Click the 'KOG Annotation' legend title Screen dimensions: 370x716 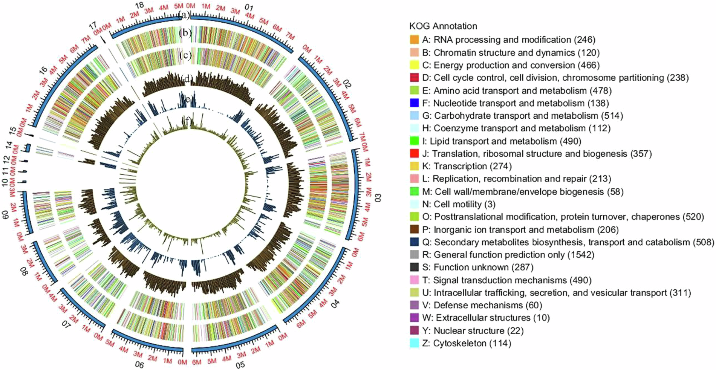pyautogui.click(x=443, y=26)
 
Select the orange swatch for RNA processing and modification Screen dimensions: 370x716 pyautogui.click(x=414, y=40)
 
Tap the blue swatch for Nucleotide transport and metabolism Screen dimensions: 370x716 pyautogui.click(x=414, y=103)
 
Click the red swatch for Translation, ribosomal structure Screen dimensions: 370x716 pyautogui.click(x=414, y=153)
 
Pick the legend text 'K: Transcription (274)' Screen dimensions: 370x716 pyautogui.click(x=467, y=166)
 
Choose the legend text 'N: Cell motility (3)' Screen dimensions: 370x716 pyautogui.click(x=459, y=204)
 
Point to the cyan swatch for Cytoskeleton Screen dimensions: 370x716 pyautogui.click(x=414, y=343)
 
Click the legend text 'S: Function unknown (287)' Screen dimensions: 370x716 pyautogui.click(x=477, y=267)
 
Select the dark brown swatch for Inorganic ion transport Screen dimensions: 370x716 pyautogui.click(x=414, y=229)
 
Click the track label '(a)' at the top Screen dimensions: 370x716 pyautogui.click(x=184, y=15)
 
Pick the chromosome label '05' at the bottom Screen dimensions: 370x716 pyautogui.click(x=240, y=365)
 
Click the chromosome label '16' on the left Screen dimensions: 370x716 pyautogui.click(x=43, y=70)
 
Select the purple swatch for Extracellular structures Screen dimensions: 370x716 pyautogui.click(x=414, y=318)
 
